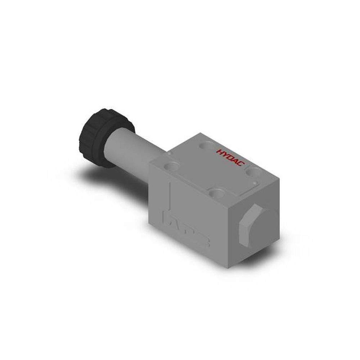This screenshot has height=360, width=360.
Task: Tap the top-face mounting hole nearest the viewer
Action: tap(217, 194)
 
